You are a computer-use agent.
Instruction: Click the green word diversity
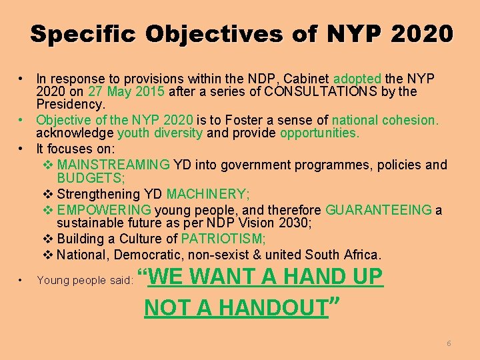(x=179, y=133)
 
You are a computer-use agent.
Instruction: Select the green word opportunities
(x=319, y=133)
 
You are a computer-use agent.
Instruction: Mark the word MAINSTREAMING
(x=113, y=165)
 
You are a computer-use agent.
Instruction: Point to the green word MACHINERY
(x=208, y=195)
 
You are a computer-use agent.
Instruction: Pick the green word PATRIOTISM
(x=223, y=239)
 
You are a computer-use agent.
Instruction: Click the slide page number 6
(x=449, y=343)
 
